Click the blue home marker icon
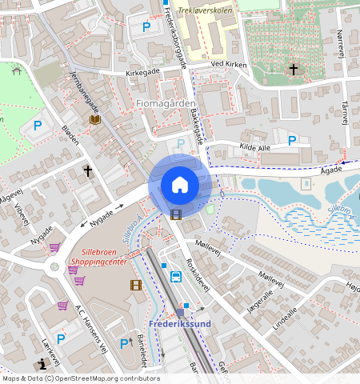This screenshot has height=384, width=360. pos(180,185)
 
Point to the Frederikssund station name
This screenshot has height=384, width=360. pos(179,324)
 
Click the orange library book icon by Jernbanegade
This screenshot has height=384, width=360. pos(95,120)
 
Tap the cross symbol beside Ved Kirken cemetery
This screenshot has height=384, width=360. pos(293,70)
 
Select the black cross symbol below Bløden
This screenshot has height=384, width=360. pos(87,171)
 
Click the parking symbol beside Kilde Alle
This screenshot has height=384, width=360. pos(292,140)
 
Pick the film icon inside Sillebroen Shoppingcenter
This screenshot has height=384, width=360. pos(136,285)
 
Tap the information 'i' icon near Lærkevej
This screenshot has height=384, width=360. pos(42,362)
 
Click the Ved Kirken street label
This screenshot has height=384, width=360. pos(226,63)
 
